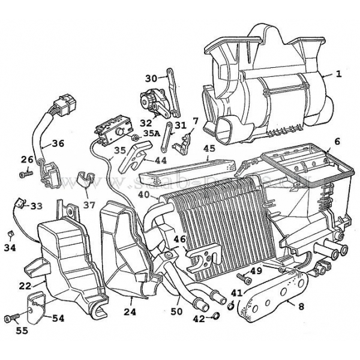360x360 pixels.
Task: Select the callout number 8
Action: coord(300,305)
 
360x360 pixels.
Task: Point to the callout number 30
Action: coord(151,78)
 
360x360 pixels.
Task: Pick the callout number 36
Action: coord(58,143)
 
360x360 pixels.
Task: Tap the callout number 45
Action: coord(209,148)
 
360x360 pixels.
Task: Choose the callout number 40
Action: coord(143,194)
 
